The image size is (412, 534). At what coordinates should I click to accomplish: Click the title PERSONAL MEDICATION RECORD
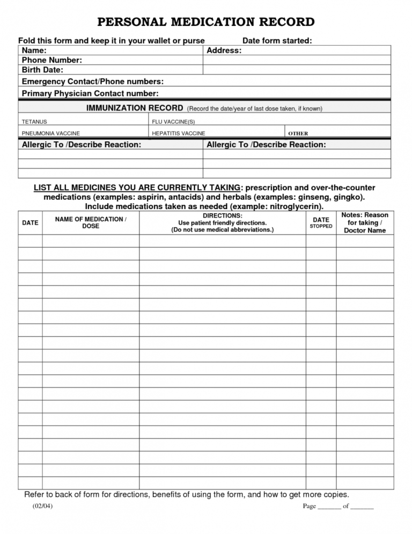205,22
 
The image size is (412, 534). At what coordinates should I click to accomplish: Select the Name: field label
34,50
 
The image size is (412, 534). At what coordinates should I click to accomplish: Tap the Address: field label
224,50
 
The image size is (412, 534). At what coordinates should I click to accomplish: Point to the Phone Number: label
51,60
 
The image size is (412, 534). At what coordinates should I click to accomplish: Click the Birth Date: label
42,70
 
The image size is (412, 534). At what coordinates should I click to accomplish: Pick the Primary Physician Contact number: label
90,93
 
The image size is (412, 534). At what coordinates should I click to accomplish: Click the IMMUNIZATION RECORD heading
135,108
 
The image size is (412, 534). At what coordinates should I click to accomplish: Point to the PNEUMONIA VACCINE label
50,133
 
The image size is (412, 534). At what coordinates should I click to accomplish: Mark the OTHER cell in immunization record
298,133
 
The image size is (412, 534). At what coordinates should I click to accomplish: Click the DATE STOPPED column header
321,222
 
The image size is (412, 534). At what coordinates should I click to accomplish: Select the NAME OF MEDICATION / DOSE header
91,222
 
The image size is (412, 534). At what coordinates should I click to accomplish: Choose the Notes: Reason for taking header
365,222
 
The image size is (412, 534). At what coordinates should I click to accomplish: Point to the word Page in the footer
310,507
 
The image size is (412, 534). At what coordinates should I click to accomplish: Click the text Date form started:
277,41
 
